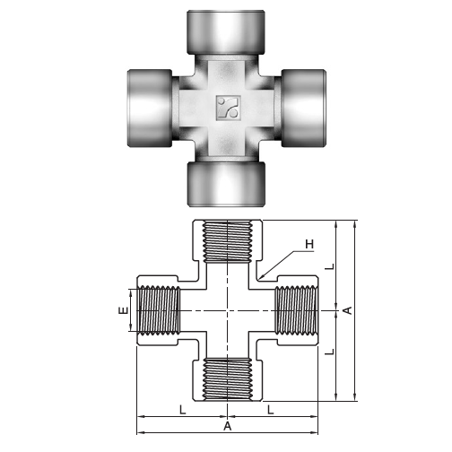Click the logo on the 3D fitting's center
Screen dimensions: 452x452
click(x=225, y=109)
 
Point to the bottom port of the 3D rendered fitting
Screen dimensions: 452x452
click(x=225, y=183)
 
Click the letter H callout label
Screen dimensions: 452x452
click(x=309, y=244)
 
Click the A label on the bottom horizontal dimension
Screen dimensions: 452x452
click(x=227, y=428)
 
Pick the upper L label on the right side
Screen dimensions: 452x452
click(x=329, y=266)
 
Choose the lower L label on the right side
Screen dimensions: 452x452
click(x=329, y=353)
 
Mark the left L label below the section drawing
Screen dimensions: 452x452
click(x=182, y=410)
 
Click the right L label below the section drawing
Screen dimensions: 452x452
click(x=270, y=410)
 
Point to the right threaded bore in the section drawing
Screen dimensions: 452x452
click(x=294, y=310)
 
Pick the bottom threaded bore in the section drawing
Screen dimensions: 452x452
click(x=226, y=378)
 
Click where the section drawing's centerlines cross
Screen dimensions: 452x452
click(x=226, y=310)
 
